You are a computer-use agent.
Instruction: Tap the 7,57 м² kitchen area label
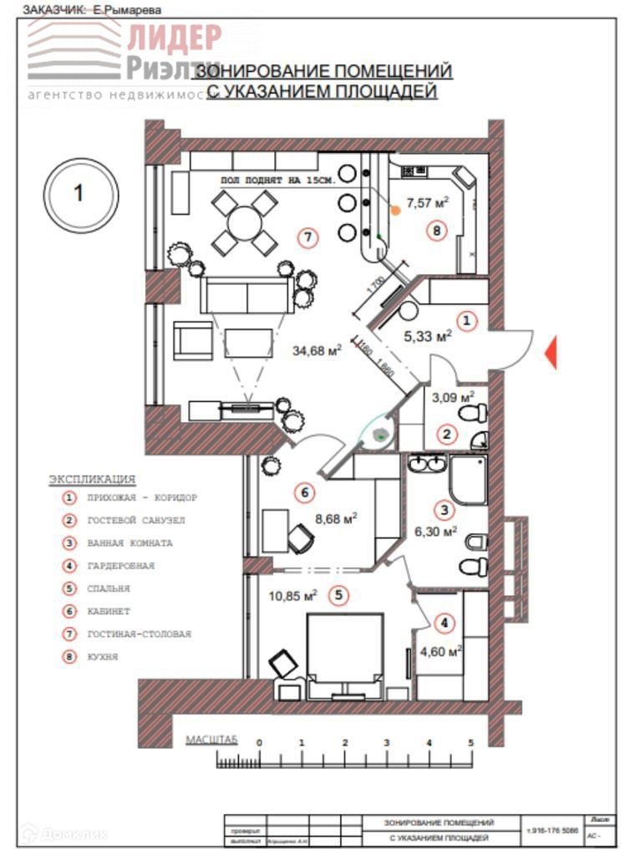tap(427, 201)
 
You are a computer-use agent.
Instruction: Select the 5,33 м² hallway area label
tap(427, 336)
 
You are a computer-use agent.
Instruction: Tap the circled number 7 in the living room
tap(308, 237)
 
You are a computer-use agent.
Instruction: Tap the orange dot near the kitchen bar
tap(395, 211)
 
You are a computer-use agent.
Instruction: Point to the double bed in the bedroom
tap(345, 647)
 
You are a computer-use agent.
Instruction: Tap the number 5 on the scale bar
tap(471, 742)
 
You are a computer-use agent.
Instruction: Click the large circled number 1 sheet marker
tap(79, 194)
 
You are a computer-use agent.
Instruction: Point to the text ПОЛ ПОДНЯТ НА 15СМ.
tap(278, 180)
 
